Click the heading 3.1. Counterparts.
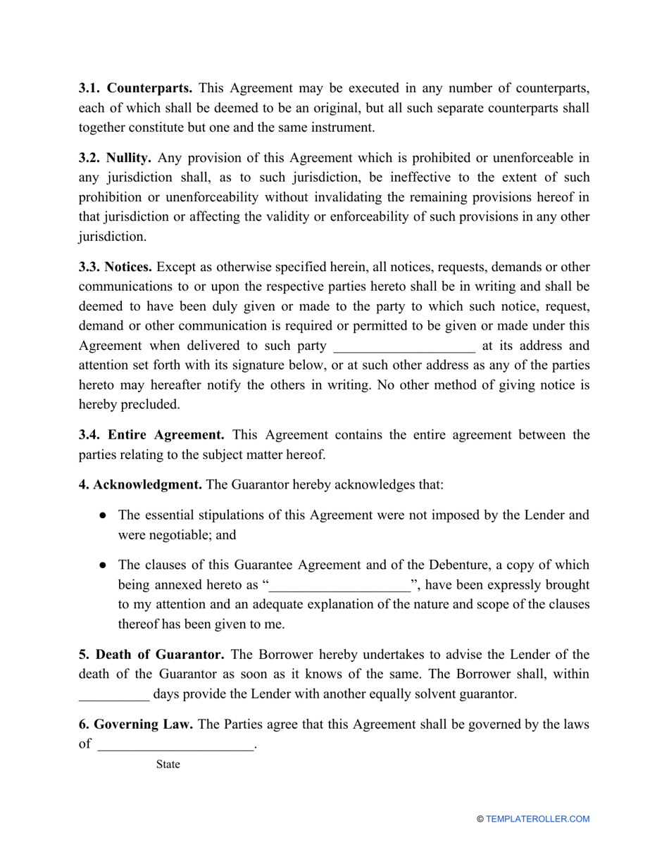pyautogui.click(x=135, y=88)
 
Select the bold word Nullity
pyautogui.click(x=128, y=158)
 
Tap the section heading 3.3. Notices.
pyautogui.click(x=115, y=267)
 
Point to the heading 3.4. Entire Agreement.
pyautogui.click(x=151, y=435)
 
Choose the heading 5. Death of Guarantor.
pyautogui.click(x=151, y=655)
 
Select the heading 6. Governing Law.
pyautogui.click(x=136, y=724)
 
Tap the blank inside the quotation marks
pyautogui.click(x=340, y=585)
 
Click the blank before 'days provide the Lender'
pyautogui.click(x=113, y=694)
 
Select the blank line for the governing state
pyautogui.click(x=175, y=745)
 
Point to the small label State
pyautogui.click(x=168, y=765)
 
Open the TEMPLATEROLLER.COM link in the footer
pyautogui.click(x=537, y=819)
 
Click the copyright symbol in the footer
pyautogui.click(x=480, y=819)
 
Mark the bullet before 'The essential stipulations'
pyautogui.click(x=103, y=515)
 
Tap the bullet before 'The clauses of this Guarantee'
pyautogui.click(x=103, y=565)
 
